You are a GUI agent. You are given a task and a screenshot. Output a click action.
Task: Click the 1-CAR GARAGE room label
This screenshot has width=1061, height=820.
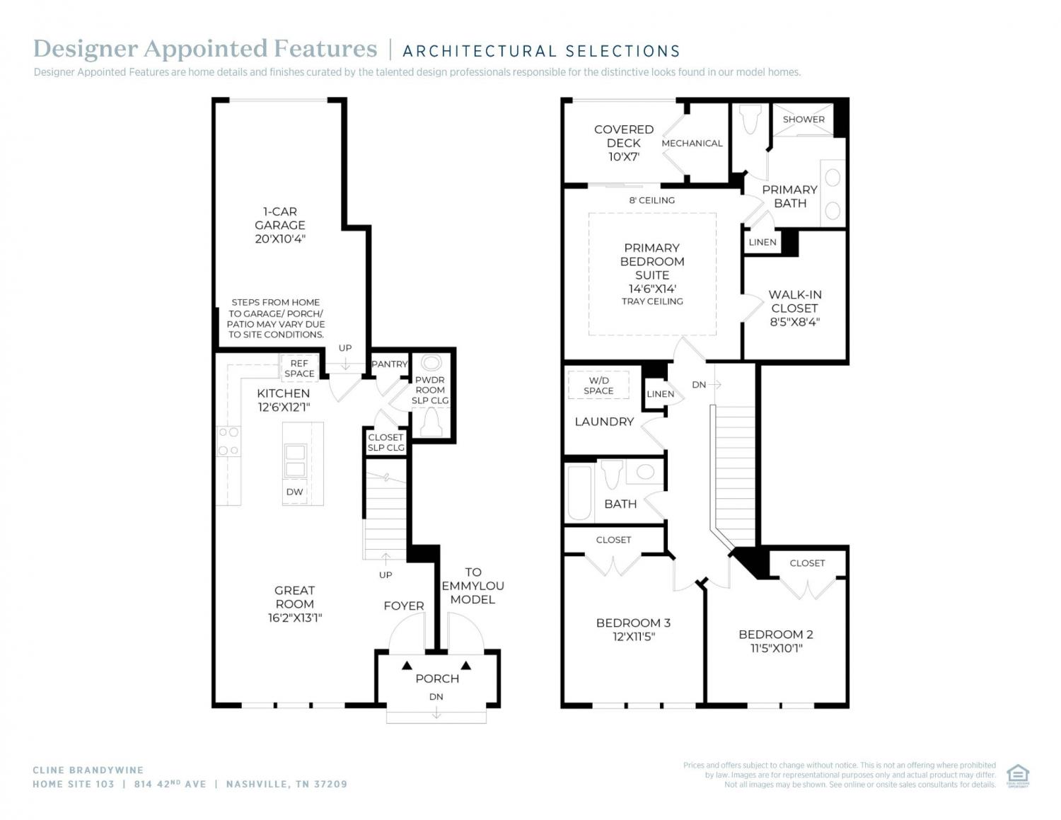280,225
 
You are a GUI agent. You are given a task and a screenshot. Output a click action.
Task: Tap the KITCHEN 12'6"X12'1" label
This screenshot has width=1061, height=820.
283,400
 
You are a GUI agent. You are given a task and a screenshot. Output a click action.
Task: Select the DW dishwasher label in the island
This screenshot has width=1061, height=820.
294,492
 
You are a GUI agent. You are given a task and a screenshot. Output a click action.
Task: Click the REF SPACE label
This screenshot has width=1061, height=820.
299,368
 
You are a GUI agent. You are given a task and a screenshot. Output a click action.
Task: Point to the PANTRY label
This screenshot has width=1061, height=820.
389,364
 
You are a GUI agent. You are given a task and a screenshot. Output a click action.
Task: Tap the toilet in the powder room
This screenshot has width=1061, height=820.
430,422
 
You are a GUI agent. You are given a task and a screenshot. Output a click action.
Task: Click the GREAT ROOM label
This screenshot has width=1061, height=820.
294,604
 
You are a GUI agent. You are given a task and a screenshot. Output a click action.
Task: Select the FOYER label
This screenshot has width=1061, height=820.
404,606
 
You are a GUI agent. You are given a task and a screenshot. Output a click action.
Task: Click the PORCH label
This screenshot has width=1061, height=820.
437,678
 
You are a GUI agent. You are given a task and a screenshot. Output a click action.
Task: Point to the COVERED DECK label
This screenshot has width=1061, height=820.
624,143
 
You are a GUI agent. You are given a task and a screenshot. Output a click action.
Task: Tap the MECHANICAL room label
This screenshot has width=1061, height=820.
692,143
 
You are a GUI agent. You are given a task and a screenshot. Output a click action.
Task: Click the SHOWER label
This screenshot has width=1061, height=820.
804,119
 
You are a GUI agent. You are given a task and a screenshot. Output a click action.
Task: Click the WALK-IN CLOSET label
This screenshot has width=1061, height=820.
795,308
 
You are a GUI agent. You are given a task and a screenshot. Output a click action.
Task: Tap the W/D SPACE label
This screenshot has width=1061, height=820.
598,386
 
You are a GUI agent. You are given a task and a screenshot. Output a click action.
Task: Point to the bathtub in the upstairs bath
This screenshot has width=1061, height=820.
579,493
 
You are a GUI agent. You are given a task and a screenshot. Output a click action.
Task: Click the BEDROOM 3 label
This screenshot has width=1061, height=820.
633,630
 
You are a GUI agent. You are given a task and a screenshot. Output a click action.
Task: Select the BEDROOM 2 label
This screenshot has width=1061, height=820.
776,641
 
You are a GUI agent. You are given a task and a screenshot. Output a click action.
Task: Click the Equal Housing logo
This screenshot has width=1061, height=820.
1018,776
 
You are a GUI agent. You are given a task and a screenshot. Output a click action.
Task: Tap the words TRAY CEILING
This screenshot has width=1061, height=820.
652,301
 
